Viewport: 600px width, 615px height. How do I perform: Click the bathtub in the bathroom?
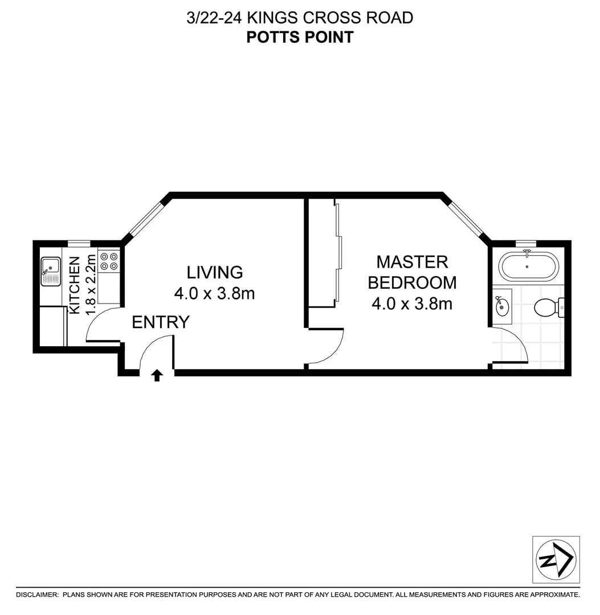click(x=526, y=266)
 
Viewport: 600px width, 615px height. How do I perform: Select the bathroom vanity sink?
click(x=503, y=306)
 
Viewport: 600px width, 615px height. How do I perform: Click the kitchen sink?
click(x=51, y=270)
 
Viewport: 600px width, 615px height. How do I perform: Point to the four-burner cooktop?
click(x=109, y=261)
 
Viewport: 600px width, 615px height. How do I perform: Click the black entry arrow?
click(x=157, y=375)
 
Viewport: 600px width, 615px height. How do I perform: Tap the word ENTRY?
click(x=160, y=323)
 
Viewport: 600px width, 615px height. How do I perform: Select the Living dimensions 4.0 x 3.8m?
click(x=214, y=294)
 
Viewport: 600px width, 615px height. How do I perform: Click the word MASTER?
click(x=412, y=262)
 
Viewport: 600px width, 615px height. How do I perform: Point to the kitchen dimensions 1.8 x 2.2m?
click(x=91, y=285)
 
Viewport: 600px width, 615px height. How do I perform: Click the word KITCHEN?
click(x=75, y=285)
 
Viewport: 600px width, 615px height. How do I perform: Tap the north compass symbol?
click(x=555, y=559)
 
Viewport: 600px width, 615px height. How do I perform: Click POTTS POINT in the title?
click(x=300, y=38)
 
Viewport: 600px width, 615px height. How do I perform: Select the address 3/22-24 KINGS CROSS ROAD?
click(x=300, y=18)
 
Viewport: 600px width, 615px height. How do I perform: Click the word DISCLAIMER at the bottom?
click(x=37, y=594)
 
